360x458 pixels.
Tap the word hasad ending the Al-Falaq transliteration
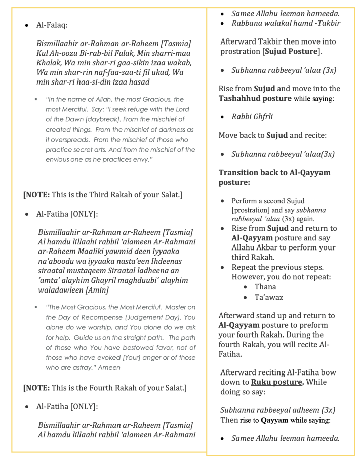[138, 82]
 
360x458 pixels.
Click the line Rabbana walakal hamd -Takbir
[286, 23]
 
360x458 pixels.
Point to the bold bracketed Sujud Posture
[292, 52]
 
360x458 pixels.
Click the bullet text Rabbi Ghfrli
[252, 116]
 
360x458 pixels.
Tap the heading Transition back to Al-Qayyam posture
[274, 177]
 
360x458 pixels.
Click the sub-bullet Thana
[265, 287]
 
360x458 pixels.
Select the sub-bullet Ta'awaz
[268, 297]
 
